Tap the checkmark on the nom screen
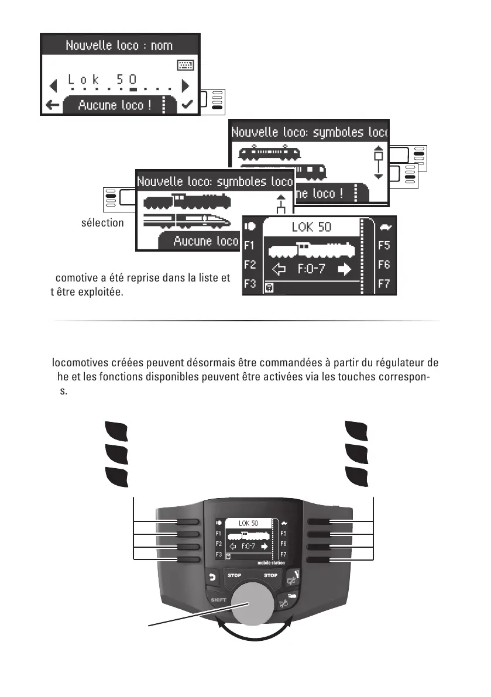coord(188,105)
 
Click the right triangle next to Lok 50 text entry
coord(186,85)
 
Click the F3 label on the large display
coord(249,284)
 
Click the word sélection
coord(102,223)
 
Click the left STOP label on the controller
coord(234,576)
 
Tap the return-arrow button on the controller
coord(211,578)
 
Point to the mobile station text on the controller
coord(272,563)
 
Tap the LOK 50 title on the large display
coord(311,227)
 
